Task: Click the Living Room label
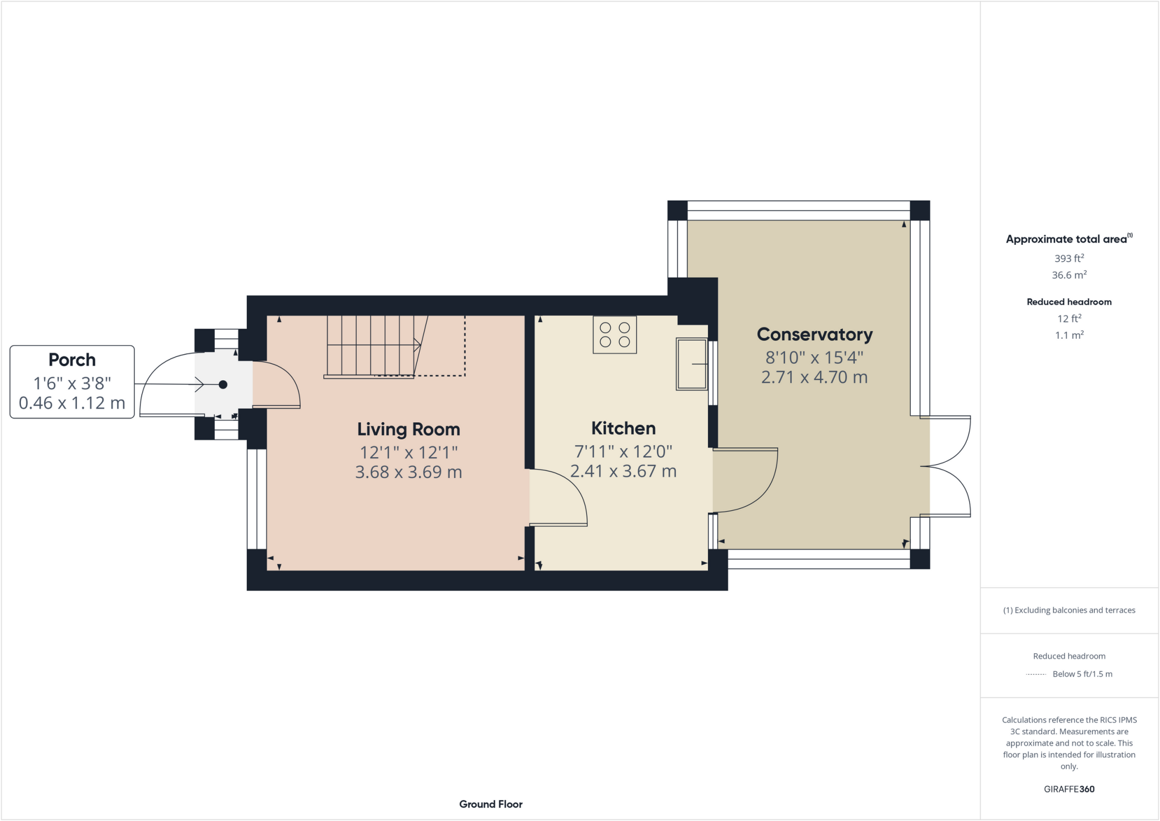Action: coord(408,429)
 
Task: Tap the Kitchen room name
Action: coord(623,428)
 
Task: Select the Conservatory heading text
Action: coord(814,334)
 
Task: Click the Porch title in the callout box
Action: coord(72,360)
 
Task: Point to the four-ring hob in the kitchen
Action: coord(615,335)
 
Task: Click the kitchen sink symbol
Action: coord(692,364)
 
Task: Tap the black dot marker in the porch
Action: coord(223,385)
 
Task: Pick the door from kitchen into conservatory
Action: coord(745,480)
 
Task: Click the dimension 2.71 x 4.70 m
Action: coord(814,377)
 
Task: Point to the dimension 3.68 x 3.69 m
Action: coord(408,472)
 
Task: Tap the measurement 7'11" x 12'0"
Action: coord(623,452)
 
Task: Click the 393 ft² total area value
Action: coord(1069,258)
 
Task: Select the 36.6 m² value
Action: coord(1069,275)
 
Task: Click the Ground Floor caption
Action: coord(491,804)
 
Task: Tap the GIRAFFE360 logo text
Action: coord(1069,789)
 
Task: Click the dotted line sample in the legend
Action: coord(1036,674)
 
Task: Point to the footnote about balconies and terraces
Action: coord(1069,610)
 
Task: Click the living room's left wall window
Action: coord(257,499)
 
